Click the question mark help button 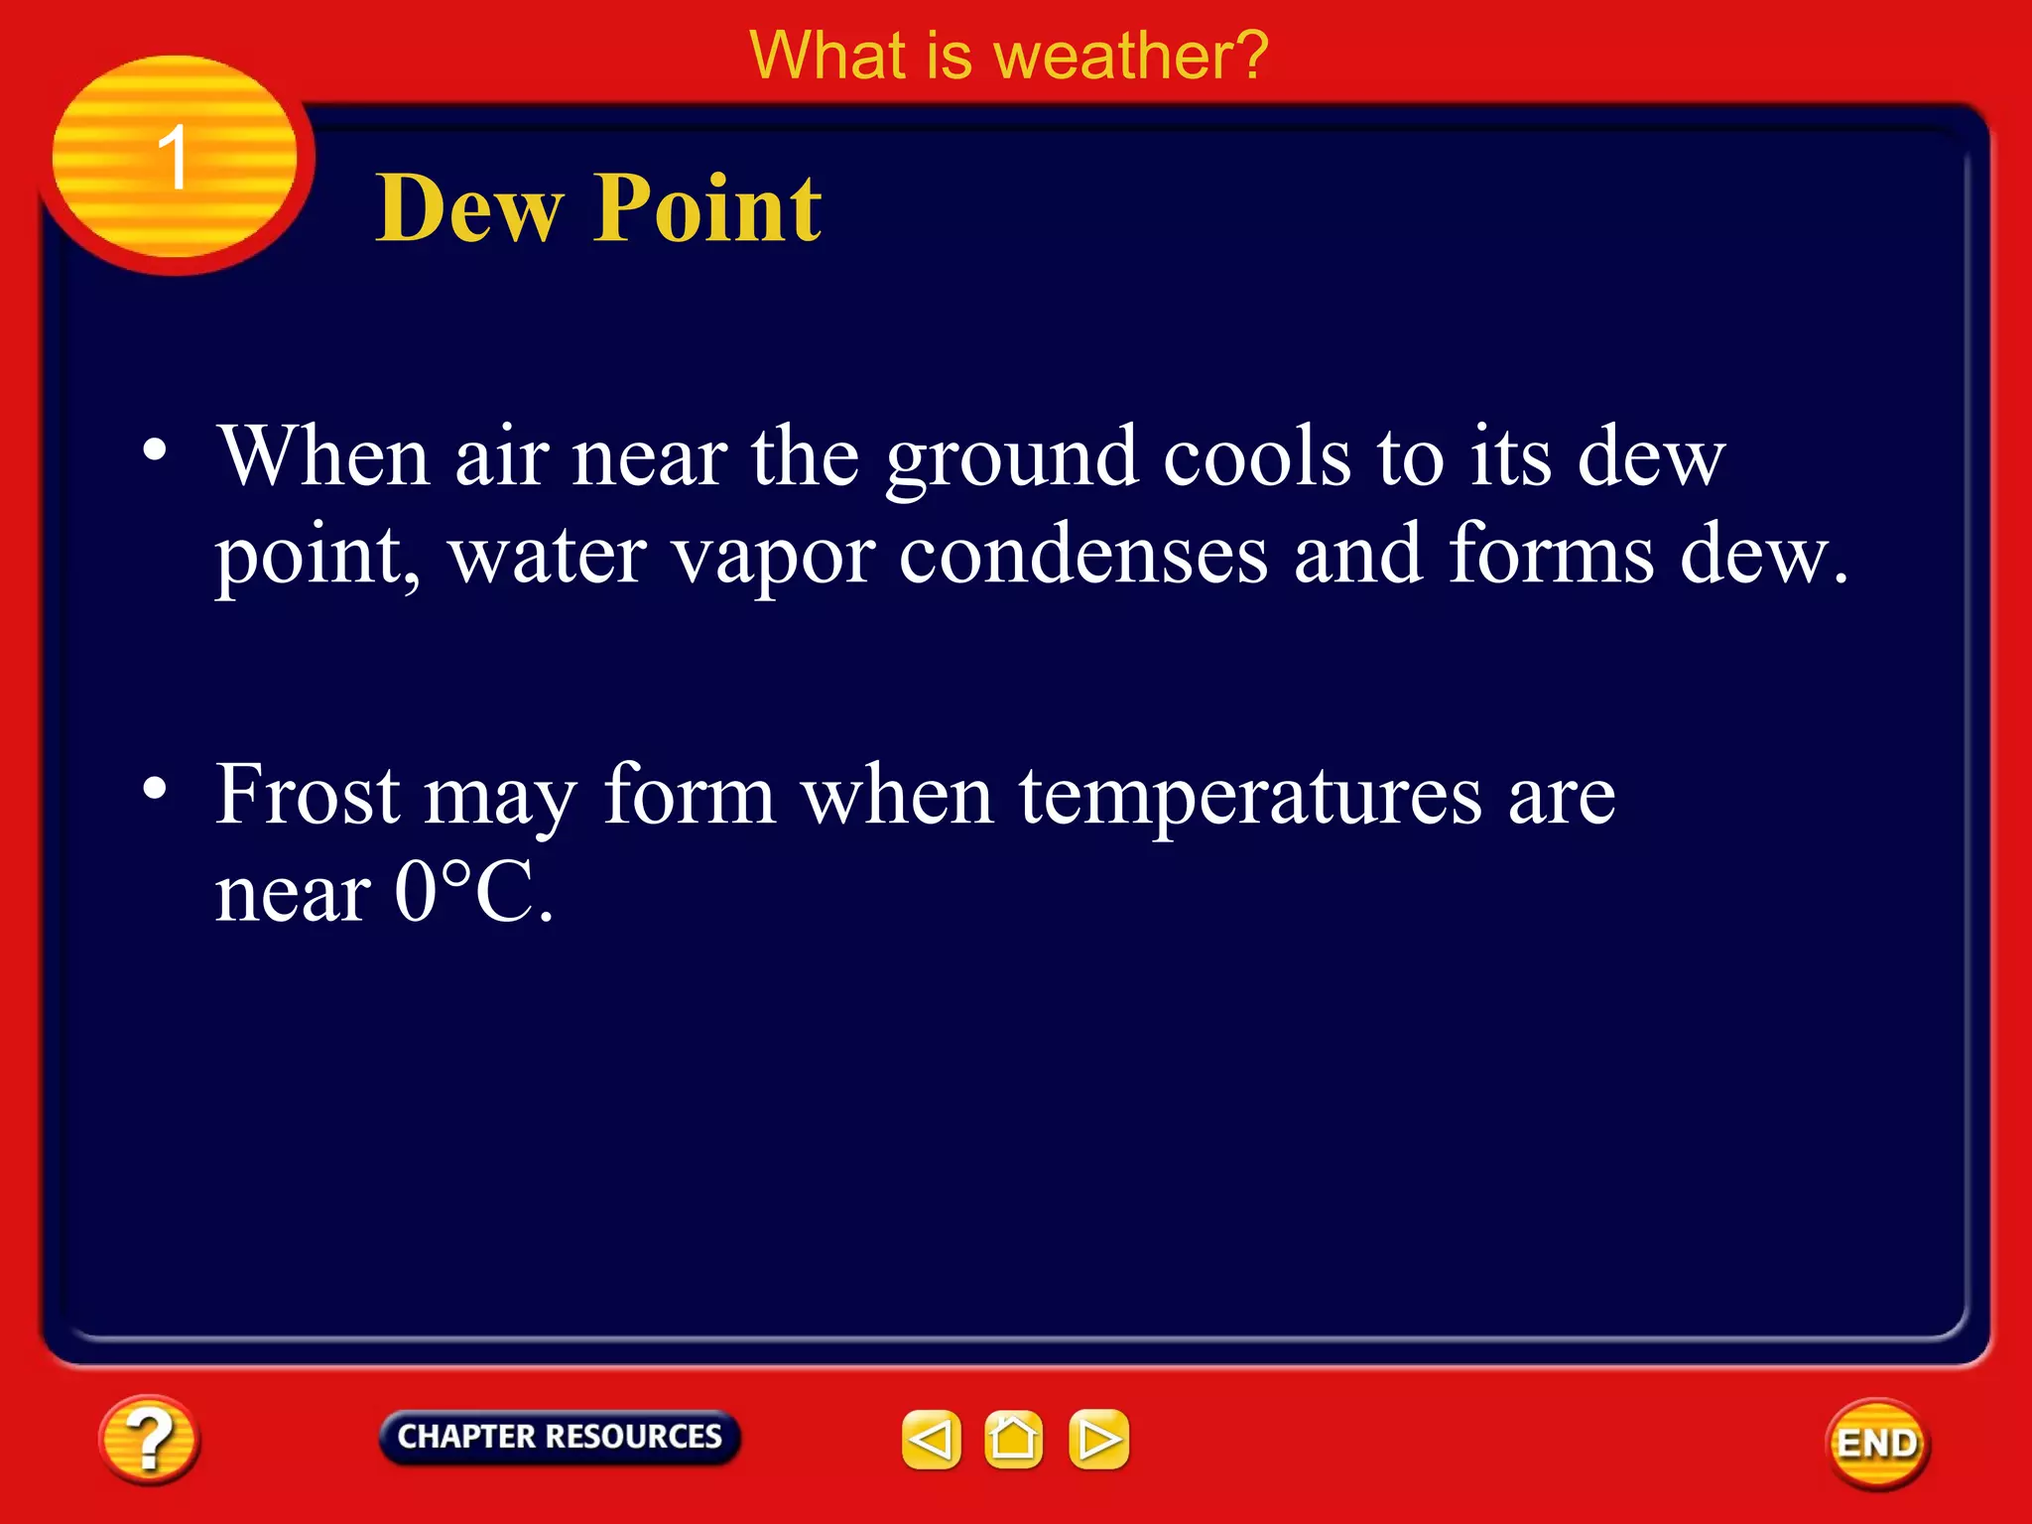[149, 1439]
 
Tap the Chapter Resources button [560, 1437]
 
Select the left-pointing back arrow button [931, 1439]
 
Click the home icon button [1013, 1439]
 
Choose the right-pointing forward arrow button [1098, 1439]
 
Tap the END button [1877, 1444]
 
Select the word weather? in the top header [1130, 56]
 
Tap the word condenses [1083, 556]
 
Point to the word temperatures [1250, 797]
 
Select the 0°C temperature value [472, 892]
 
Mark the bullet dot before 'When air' [155, 451]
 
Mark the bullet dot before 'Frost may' [155, 789]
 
